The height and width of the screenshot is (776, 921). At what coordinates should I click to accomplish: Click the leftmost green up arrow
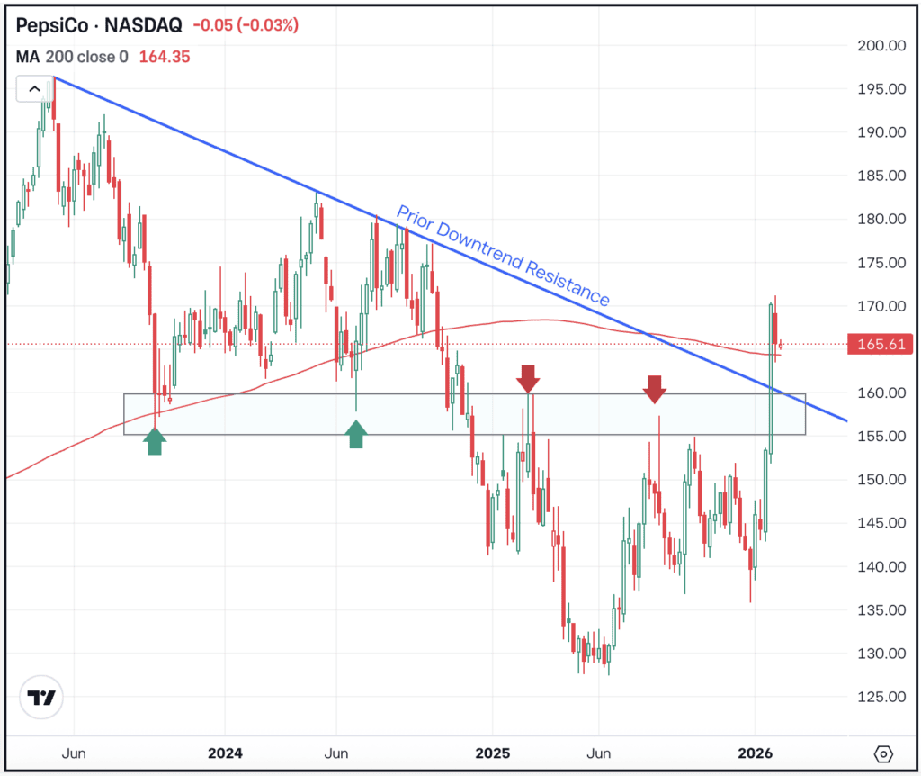(x=155, y=441)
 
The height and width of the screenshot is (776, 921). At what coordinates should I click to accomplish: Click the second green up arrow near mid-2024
(x=356, y=435)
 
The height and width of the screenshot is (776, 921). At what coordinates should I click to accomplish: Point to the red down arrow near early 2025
(x=528, y=378)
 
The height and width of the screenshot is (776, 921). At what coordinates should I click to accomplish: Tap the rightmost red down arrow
(x=655, y=388)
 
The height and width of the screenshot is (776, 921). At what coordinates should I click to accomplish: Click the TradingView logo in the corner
(x=41, y=699)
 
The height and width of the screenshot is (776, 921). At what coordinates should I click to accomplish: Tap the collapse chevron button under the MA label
(x=34, y=88)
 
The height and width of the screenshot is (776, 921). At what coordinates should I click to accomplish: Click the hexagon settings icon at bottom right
(x=882, y=753)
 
